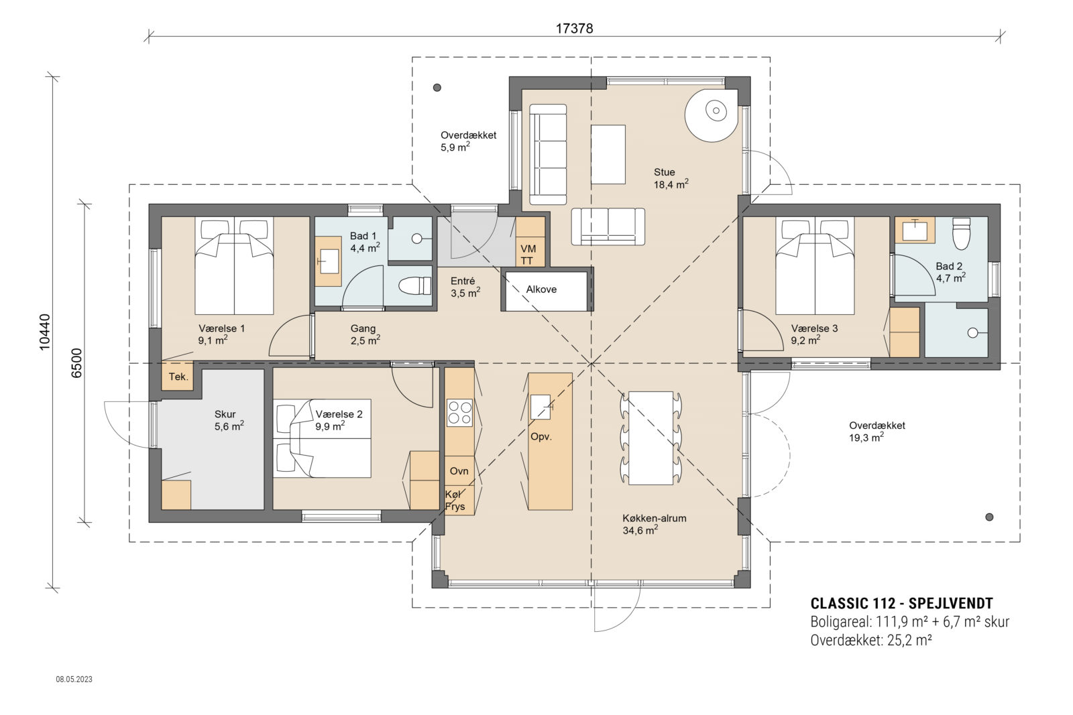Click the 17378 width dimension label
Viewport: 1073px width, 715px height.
coord(574,29)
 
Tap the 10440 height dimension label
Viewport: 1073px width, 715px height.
coord(44,332)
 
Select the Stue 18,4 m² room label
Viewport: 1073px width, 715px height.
coord(671,178)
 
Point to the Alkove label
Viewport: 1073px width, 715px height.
coord(541,289)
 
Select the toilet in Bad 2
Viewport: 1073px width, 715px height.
coord(962,233)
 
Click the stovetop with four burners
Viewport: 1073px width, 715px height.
coord(459,412)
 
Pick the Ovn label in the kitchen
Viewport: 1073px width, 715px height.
coord(459,471)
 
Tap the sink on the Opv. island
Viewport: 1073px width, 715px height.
coord(541,407)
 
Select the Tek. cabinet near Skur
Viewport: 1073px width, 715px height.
coord(178,377)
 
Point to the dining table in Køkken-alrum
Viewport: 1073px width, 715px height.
coord(650,438)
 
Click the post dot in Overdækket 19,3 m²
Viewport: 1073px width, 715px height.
coord(989,517)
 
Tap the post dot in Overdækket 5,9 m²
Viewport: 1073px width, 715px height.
coord(437,87)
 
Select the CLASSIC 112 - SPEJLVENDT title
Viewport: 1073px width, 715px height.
coord(901,603)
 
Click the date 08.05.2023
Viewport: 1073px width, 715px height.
coord(74,679)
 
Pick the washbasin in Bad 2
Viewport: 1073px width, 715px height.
coord(915,230)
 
